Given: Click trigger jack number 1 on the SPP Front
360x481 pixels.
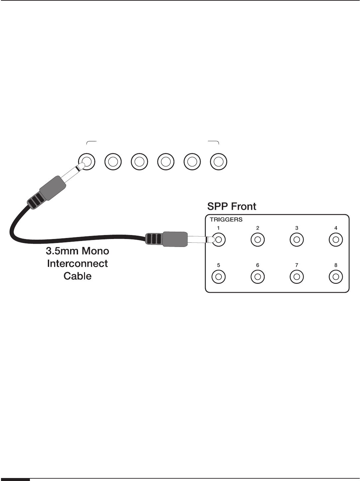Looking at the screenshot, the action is (219, 239).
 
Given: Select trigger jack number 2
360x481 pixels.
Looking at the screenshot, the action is (258, 239).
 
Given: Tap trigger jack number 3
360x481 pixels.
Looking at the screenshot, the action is (297, 239).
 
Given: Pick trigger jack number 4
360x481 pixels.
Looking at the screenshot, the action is (336, 239).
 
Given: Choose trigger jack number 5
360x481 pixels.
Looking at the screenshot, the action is (219, 276).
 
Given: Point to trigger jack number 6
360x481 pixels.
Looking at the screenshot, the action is (258, 276).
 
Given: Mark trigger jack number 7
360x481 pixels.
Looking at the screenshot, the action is (297, 276).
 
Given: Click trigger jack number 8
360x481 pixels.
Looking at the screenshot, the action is (336, 276).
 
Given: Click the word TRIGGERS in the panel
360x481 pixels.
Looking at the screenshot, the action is (226, 219).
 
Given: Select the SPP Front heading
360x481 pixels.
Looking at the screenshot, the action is (232, 206).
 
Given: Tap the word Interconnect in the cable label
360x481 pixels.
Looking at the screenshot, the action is (77, 264).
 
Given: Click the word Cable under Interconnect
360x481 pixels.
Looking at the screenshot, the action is (77, 276).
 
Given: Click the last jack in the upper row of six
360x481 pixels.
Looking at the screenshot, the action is (219, 162).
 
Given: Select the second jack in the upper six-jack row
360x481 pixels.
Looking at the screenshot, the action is (113, 162).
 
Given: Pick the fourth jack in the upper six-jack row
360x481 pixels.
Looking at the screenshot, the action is (166, 162).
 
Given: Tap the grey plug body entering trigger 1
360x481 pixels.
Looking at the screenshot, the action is (175, 239).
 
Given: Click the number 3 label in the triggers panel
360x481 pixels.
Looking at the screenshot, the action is (297, 228).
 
